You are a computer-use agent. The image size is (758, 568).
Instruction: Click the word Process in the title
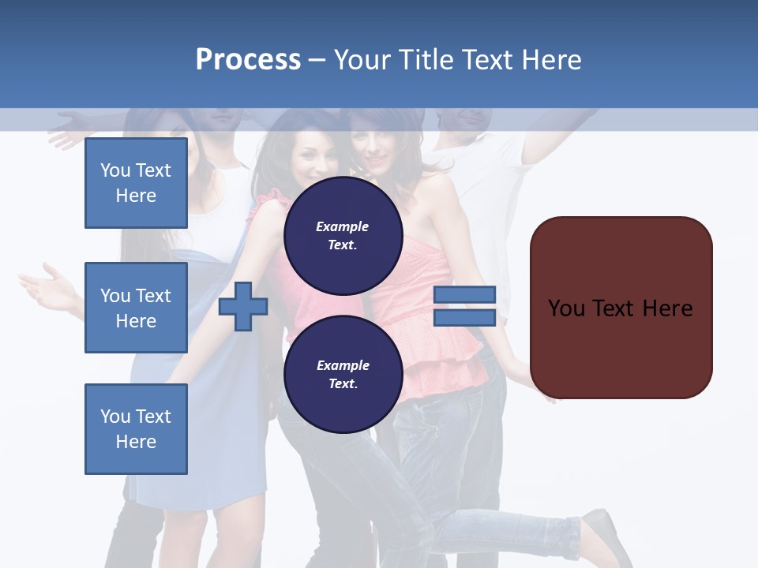248,60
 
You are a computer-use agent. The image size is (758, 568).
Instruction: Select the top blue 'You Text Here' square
136,183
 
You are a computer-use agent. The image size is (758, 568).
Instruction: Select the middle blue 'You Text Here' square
136,308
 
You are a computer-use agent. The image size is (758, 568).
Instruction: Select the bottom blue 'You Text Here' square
136,429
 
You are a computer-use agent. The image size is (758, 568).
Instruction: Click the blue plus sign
243,307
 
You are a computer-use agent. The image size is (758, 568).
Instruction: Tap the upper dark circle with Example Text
343,235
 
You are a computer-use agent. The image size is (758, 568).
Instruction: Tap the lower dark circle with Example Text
343,374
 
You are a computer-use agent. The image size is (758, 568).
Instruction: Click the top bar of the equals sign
465,295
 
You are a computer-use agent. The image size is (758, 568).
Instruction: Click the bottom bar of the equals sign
465,318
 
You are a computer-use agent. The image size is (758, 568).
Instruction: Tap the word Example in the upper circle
343,226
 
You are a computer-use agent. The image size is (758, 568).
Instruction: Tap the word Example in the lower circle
343,365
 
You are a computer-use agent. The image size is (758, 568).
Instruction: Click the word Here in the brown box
668,308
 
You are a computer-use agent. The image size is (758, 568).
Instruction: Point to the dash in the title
317,61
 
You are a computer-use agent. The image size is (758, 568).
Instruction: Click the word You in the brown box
567,308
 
